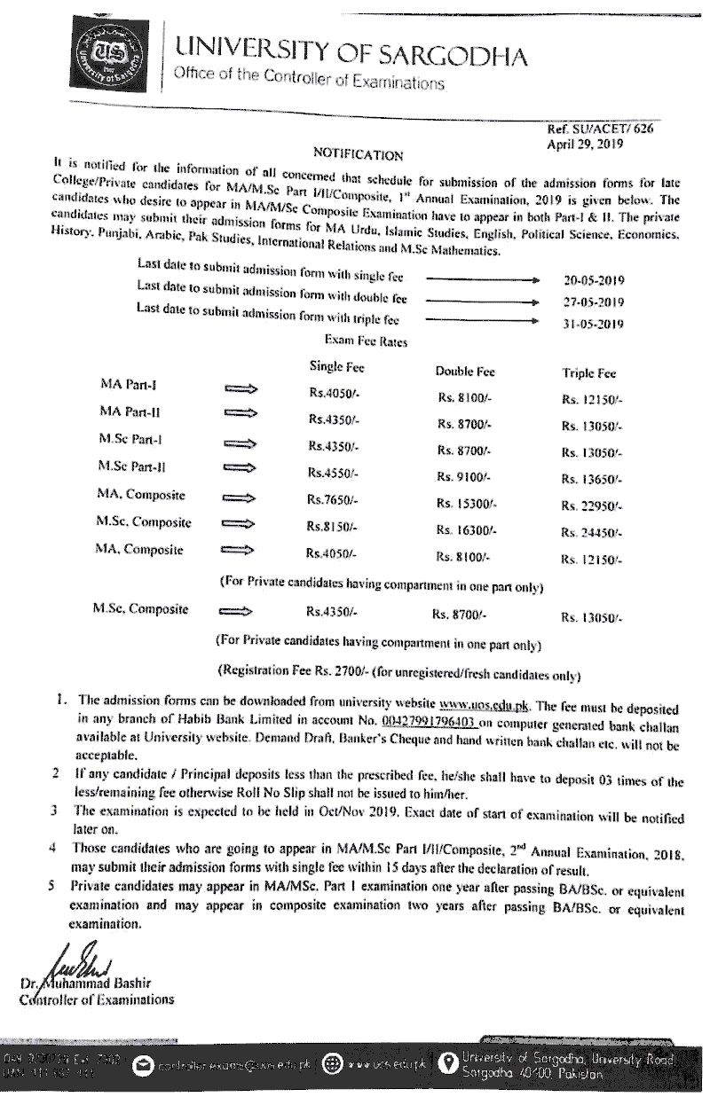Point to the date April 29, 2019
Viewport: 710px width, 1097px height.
[586, 143]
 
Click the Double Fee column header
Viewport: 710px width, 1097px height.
[465, 372]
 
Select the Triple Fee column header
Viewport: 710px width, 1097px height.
[589, 374]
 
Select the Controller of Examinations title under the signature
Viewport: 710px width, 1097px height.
[97, 1000]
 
